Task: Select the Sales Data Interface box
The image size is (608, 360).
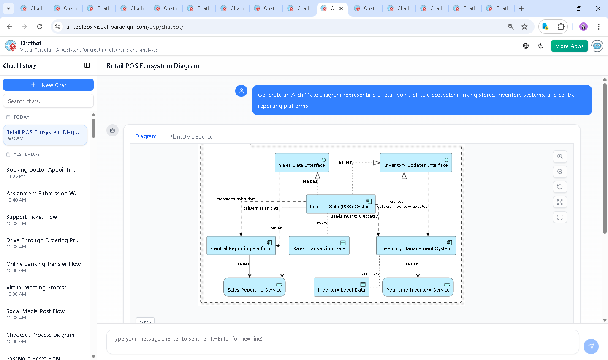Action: coord(302,163)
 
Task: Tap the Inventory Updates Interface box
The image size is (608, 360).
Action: coord(416,163)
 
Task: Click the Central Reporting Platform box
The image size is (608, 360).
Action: coord(241,245)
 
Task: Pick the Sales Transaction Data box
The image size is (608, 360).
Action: coord(319,245)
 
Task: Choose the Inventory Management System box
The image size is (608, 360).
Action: coord(416,245)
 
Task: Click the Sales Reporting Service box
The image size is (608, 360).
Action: coord(254,287)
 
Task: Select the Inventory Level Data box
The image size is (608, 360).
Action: coord(341,287)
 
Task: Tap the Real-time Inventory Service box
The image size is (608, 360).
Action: coord(418,287)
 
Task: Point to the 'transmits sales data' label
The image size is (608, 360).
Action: coord(236,199)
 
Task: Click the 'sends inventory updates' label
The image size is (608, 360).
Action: coord(354,216)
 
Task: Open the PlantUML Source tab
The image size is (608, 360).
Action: coord(191,136)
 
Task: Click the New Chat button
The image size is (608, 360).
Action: coord(48,85)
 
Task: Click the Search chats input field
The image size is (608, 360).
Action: coord(48,101)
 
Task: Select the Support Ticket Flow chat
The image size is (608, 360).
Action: coord(32,217)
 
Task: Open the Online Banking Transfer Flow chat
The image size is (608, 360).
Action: coord(43,264)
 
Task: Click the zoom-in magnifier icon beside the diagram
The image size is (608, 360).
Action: coord(560,156)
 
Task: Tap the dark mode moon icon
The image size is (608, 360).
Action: coord(541,46)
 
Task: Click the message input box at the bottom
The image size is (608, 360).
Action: coord(342,339)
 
